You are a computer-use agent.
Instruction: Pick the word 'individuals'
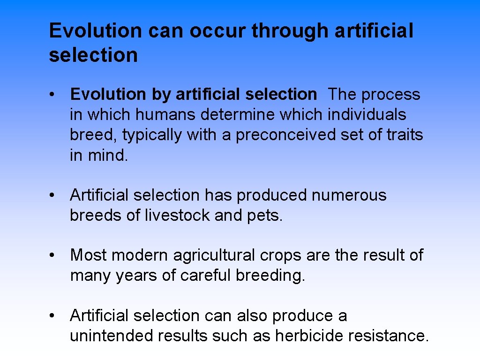367,115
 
